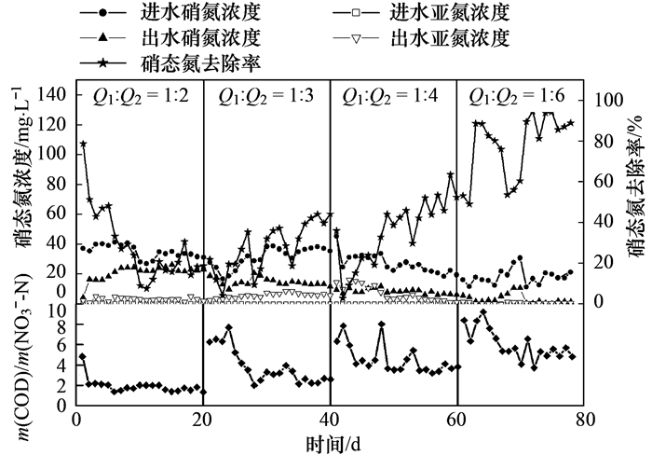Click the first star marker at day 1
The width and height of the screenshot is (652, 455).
(83, 145)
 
